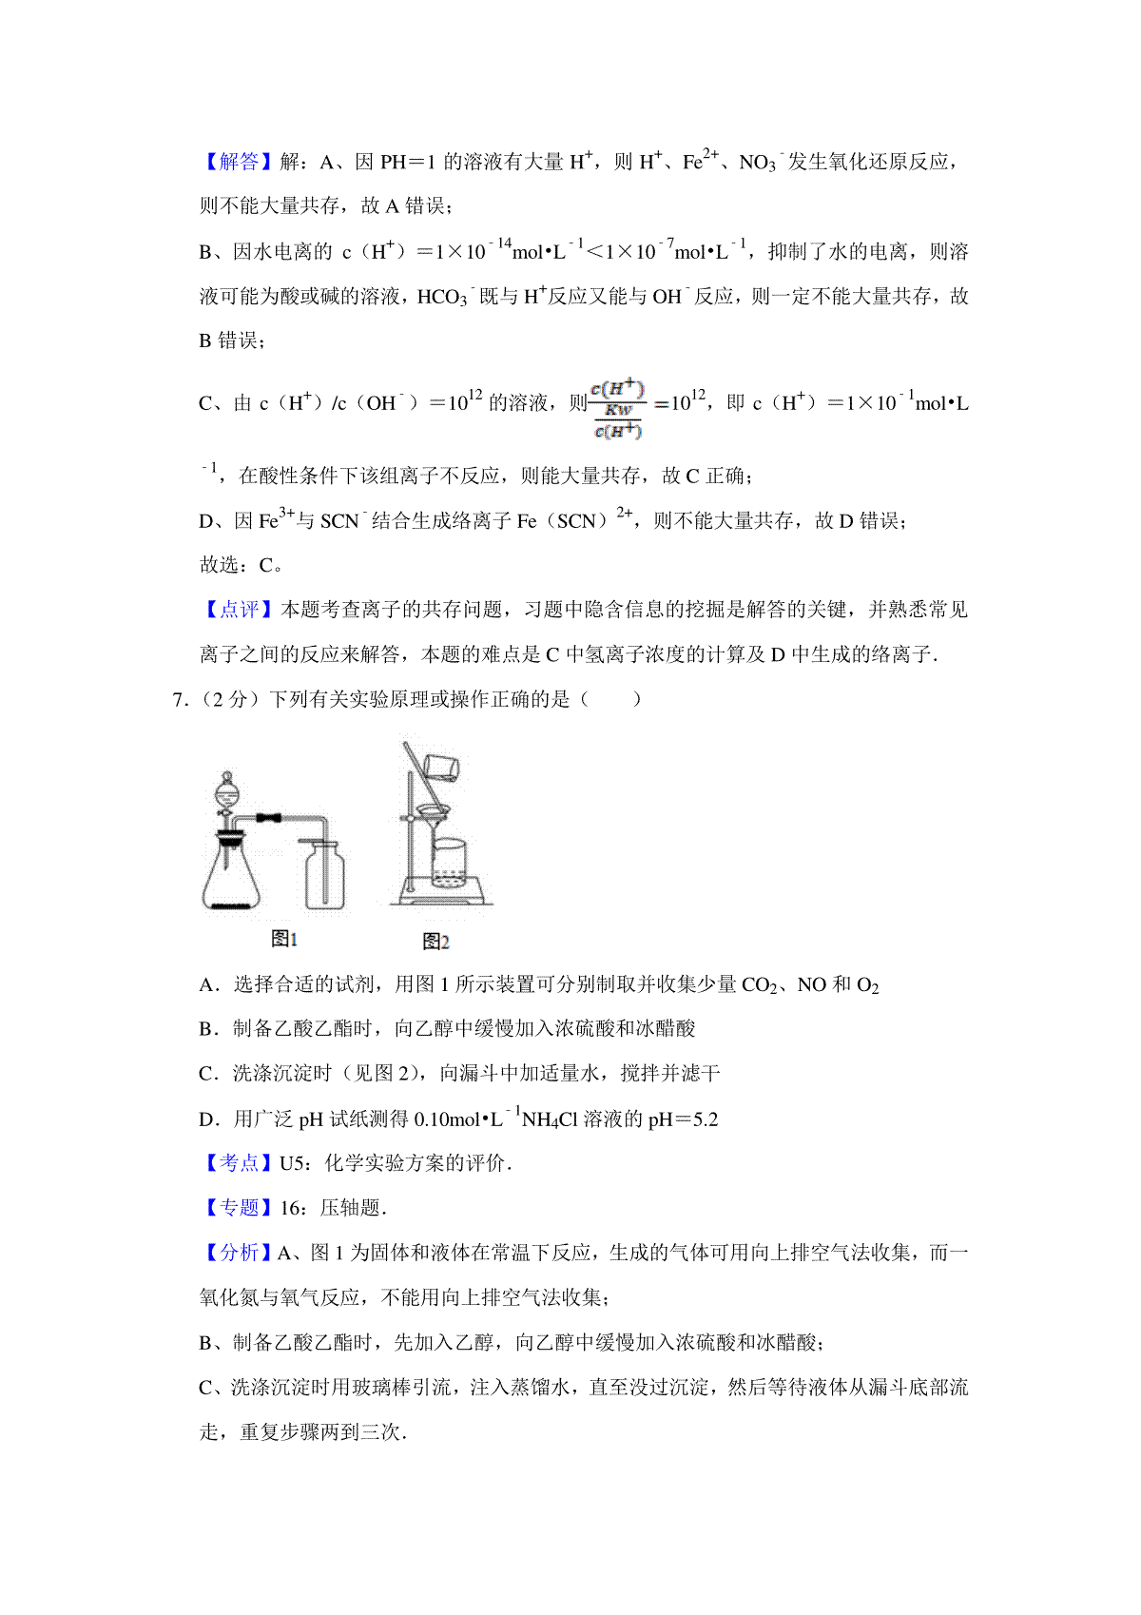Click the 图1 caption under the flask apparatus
[284, 939]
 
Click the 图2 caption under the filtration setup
[435, 941]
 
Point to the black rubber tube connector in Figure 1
[269, 817]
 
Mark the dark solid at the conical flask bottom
[229, 905]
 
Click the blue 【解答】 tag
[238, 162]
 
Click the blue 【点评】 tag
[238, 610]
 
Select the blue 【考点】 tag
[238, 1163]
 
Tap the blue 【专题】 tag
[238, 1208]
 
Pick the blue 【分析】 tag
[238, 1253]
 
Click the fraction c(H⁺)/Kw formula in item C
[618, 410]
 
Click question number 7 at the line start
[178, 700]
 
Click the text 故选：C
[242, 565]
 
